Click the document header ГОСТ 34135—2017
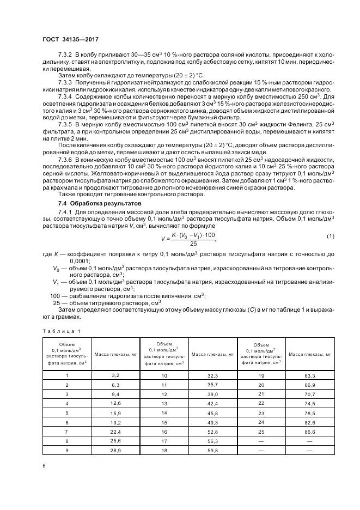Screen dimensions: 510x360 (x=70, y=40)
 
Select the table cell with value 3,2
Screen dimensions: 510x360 (x=115, y=375)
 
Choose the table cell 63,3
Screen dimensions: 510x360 (x=309, y=375)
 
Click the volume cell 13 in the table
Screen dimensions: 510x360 (x=164, y=403)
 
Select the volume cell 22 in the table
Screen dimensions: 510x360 (x=261, y=403)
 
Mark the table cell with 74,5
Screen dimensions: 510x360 (x=309, y=403)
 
